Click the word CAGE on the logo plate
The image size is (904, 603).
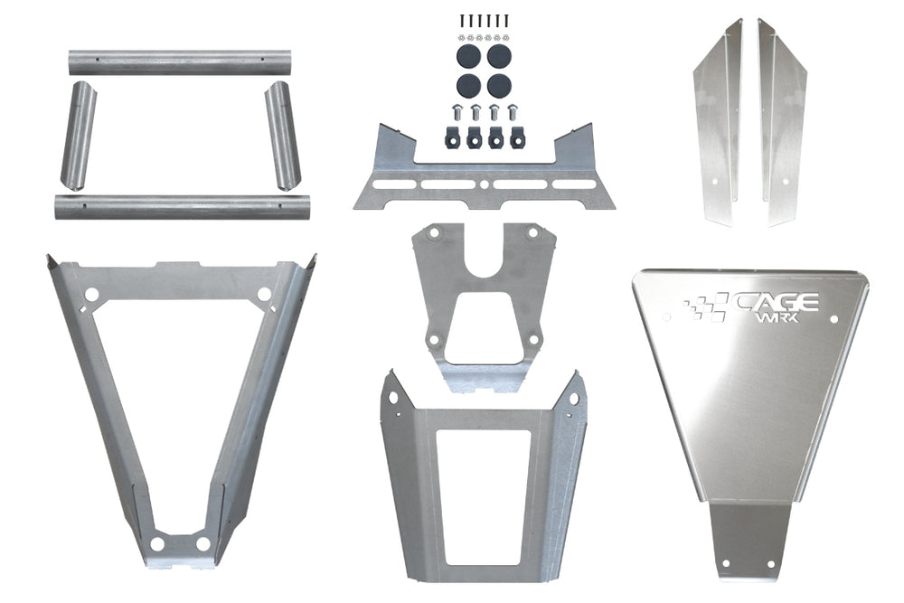click(775, 302)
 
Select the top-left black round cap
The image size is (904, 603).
click(468, 56)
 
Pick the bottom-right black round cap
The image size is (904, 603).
click(499, 86)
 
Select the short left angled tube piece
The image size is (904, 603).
click(79, 136)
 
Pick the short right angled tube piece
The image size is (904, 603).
click(283, 136)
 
